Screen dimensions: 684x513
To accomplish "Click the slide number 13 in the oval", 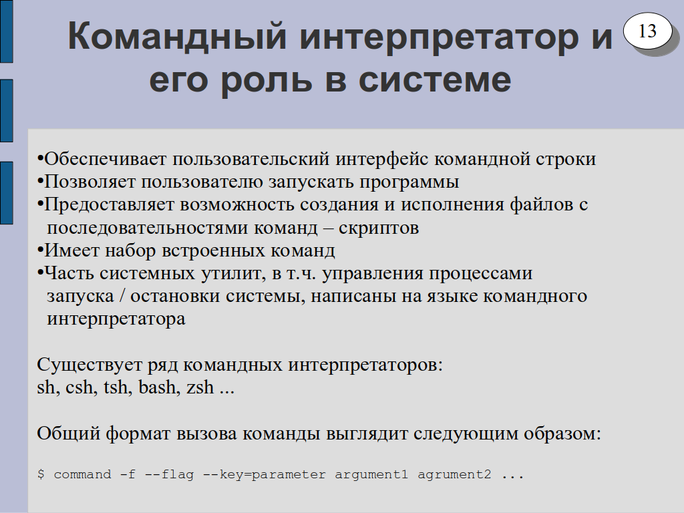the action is coord(647,31).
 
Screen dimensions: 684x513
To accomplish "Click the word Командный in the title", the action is coord(177,36).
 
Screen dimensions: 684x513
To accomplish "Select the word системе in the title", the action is coord(434,80).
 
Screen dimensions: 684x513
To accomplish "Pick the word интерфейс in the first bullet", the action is coord(381,159).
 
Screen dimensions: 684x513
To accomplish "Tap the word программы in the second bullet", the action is coord(409,182).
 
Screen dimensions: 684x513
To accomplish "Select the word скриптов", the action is coord(379,228).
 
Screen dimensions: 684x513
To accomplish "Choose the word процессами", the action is coord(480,274).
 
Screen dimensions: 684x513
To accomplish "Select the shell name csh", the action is coord(81,388).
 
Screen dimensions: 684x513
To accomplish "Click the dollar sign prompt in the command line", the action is coord(41,474).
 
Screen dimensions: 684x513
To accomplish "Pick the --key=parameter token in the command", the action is coord(265,475).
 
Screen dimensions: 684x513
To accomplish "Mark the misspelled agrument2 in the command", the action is coord(454,475).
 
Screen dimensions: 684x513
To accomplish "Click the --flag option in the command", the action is coord(169,474).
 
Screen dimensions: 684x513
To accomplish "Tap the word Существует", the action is coord(90,365).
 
